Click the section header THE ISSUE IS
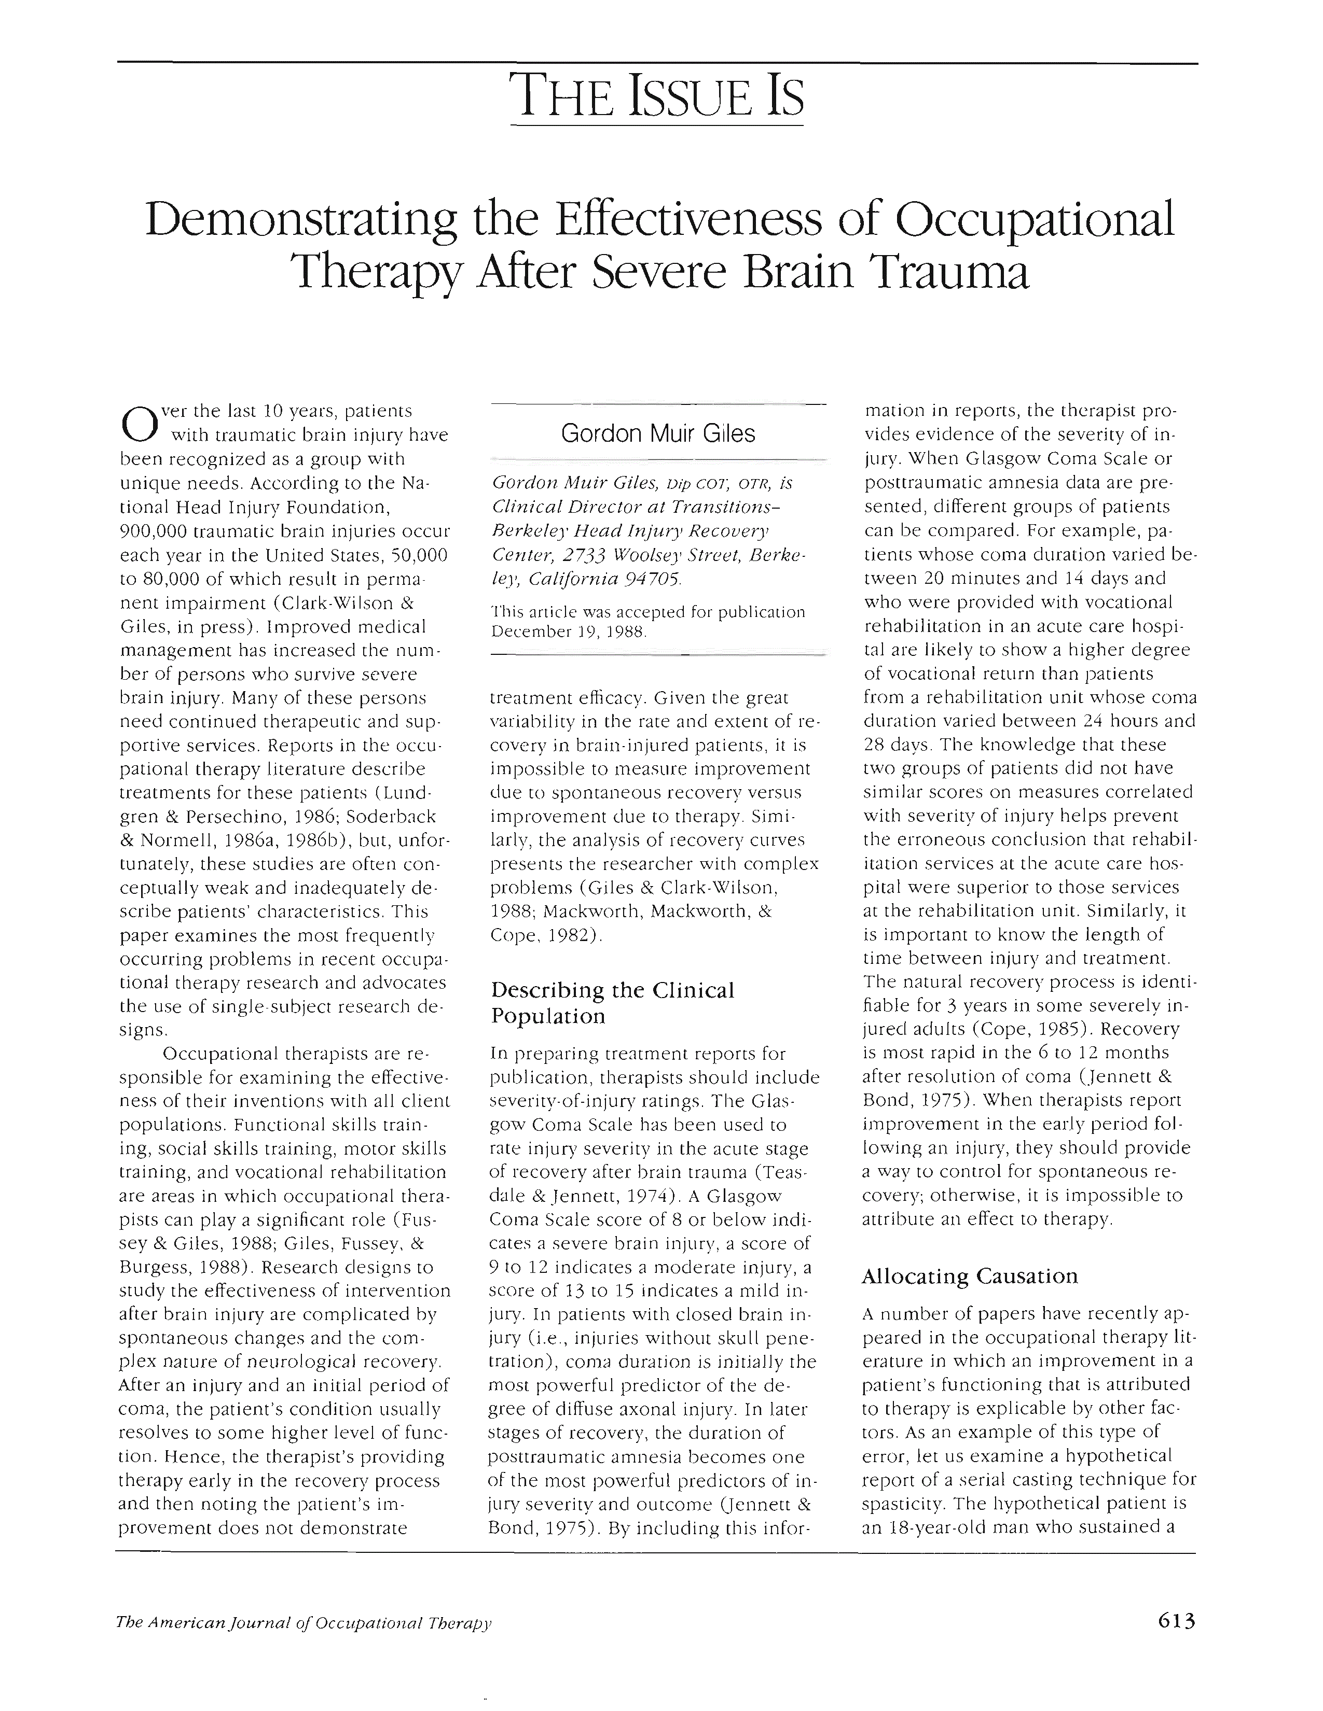657,95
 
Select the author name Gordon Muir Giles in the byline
657,433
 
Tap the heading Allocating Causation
970,1276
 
